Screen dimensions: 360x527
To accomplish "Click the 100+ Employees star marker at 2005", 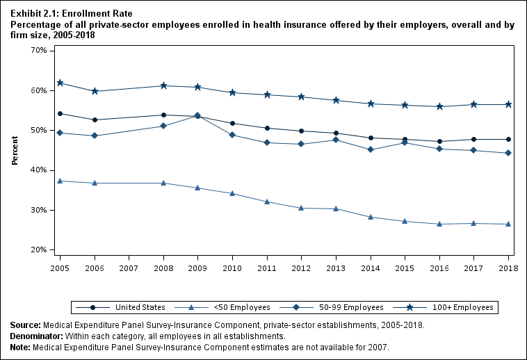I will point(60,83).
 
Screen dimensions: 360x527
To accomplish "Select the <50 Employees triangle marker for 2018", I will point(508,224).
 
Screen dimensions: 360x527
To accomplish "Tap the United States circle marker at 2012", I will point(301,131).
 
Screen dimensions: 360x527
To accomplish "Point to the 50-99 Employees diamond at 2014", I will point(370,149).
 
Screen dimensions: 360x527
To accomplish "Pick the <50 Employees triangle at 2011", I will point(267,202).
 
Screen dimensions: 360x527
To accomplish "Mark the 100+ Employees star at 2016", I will point(439,106).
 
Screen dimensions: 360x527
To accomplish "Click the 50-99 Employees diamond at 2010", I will point(232,135).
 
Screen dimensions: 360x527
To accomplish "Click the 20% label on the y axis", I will point(38,249).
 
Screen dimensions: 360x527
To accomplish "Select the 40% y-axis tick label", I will point(38,170).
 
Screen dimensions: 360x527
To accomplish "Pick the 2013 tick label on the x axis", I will point(336,267).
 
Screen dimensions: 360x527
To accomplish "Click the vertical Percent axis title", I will point(15,150).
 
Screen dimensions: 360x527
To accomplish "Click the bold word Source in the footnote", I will point(25,325).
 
